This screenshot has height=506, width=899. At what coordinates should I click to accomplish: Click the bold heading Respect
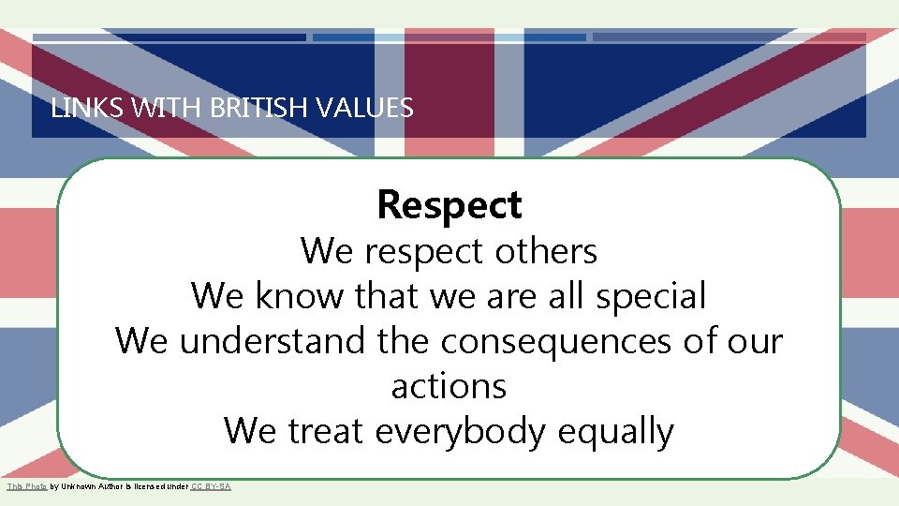(449, 205)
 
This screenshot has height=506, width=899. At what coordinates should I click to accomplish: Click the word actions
(449, 386)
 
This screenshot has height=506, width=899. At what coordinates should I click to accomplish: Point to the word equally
(615, 432)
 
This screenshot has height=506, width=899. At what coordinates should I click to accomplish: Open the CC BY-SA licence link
(210, 486)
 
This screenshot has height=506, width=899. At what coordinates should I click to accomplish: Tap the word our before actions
(754, 341)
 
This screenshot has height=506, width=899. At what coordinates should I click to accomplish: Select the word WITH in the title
(169, 109)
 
